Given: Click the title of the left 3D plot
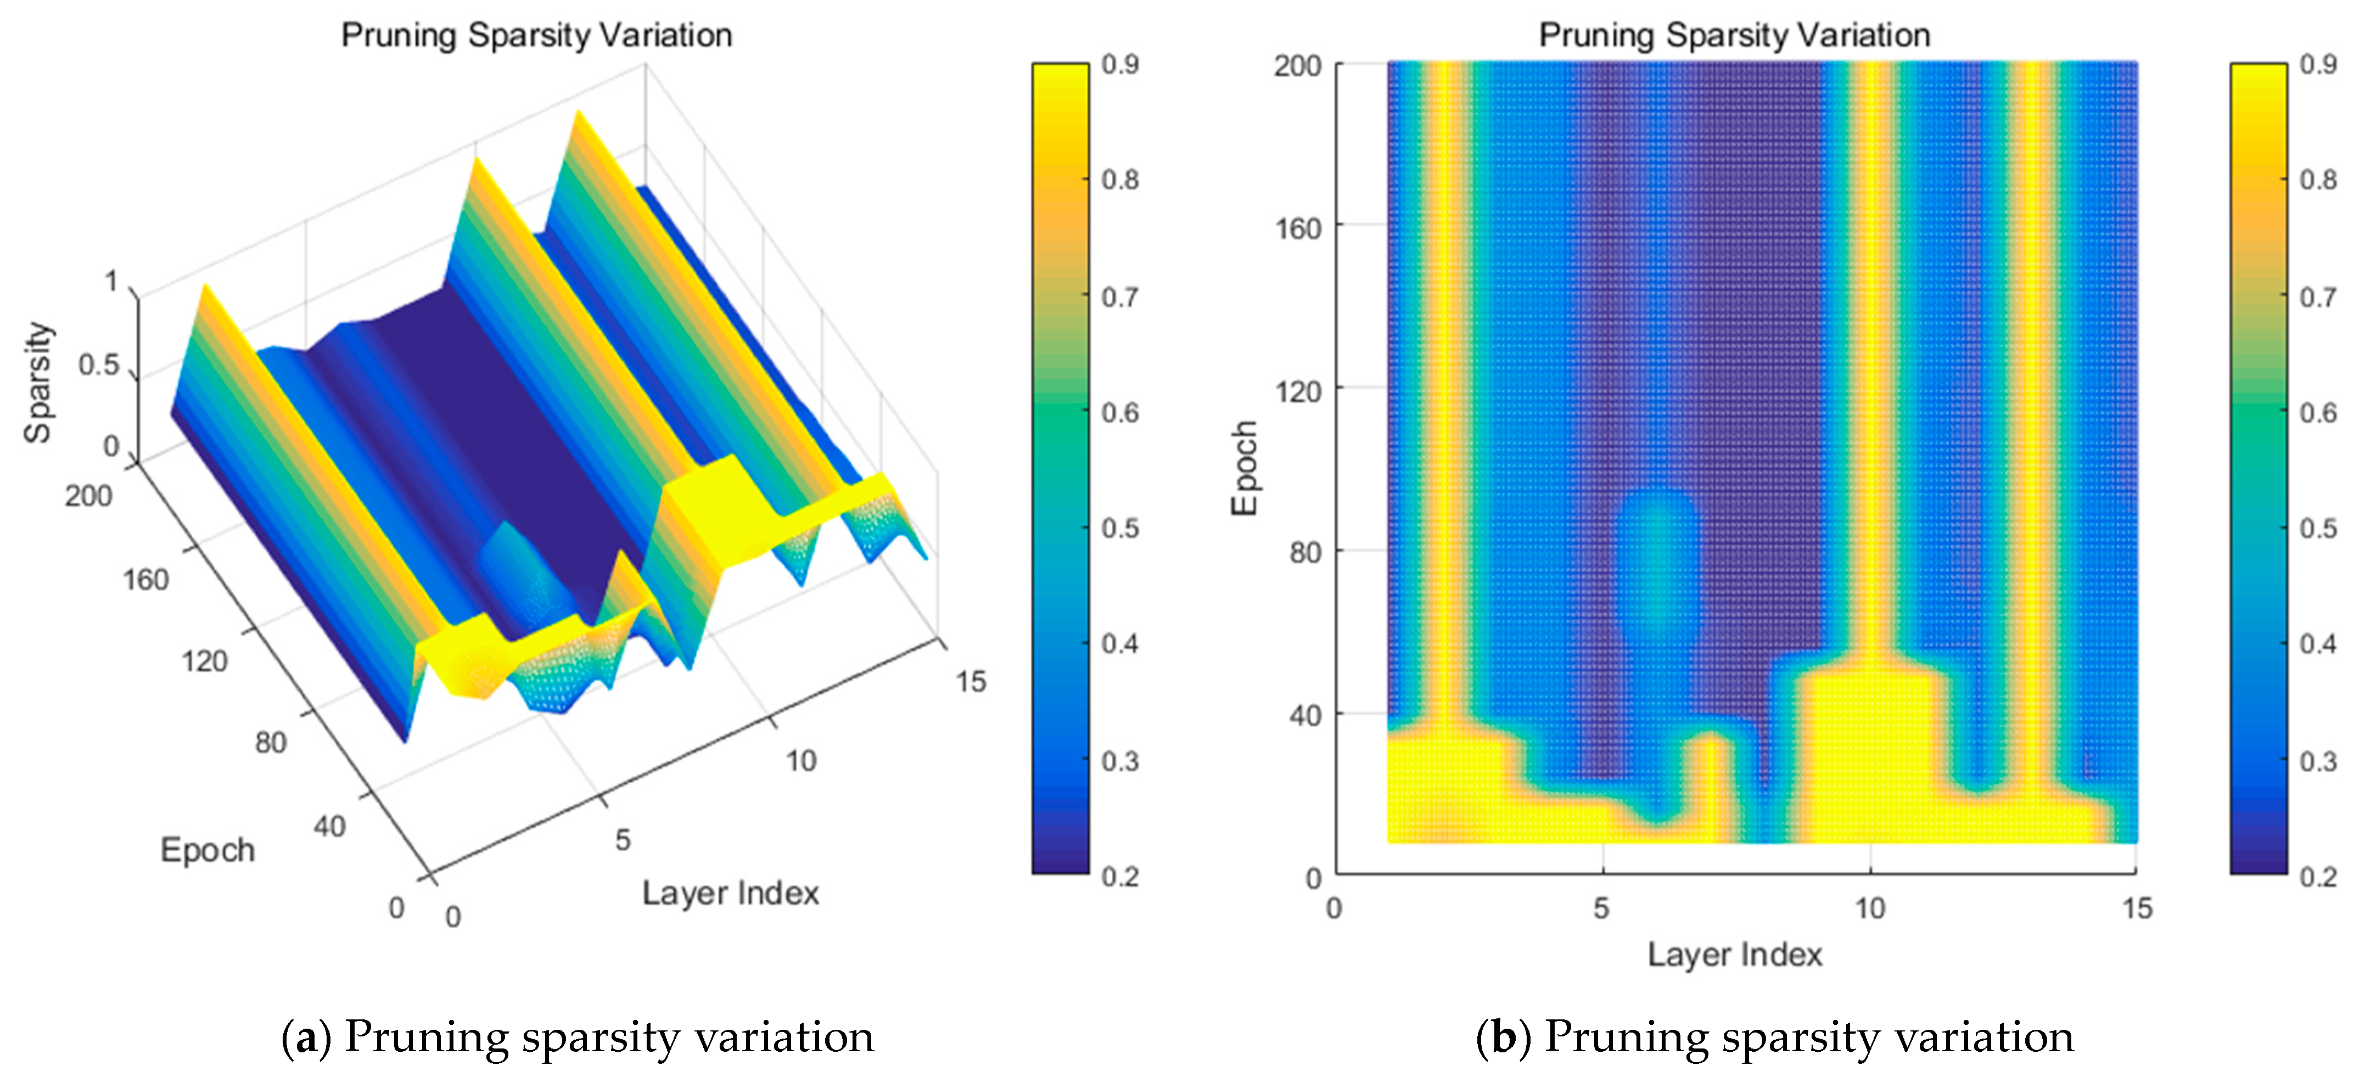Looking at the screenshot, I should click(x=536, y=36).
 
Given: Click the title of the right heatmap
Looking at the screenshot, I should click(x=1734, y=36).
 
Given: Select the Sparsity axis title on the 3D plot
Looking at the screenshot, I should click(x=38, y=382).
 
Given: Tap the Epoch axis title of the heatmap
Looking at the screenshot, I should click(x=1245, y=468).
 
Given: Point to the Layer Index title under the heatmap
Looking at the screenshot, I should click(x=1734, y=955).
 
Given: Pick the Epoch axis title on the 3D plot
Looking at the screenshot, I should click(x=208, y=850).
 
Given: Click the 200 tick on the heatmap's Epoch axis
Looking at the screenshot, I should click(x=1298, y=66).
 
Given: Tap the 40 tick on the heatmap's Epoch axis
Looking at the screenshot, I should click(x=1305, y=715).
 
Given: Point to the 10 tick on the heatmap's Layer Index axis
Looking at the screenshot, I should click(x=1870, y=908).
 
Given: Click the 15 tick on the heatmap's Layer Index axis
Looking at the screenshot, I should click(x=2137, y=908).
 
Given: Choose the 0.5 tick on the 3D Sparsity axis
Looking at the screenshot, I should click(x=99, y=366).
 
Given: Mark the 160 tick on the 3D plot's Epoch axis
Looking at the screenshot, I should click(x=145, y=579).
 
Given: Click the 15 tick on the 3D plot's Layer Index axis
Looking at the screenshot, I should click(x=971, y=681).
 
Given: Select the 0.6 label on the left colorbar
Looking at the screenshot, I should click(x=1119, y=413).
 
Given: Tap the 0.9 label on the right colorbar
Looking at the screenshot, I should click(x=2317, y=64).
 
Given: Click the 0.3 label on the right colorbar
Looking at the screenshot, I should click(x=2317, y=760).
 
